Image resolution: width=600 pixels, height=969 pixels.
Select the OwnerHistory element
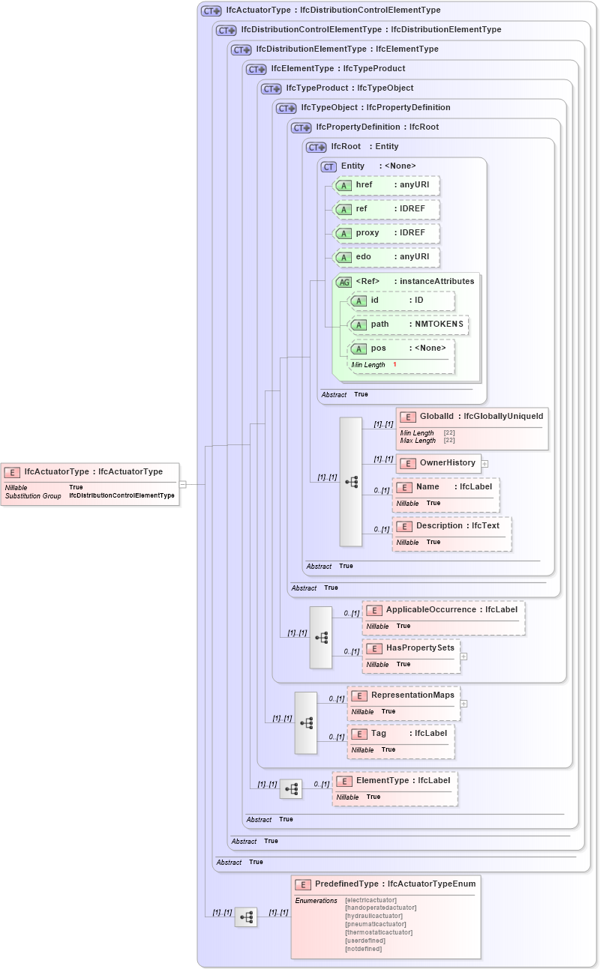439,463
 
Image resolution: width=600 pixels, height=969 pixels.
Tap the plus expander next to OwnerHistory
484,464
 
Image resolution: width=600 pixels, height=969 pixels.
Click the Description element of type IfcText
451,526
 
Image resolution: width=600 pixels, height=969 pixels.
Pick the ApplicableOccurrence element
443,610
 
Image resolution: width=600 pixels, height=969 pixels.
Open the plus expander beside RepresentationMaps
463,704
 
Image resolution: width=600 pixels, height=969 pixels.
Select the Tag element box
400,733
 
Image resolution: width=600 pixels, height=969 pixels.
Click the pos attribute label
379,348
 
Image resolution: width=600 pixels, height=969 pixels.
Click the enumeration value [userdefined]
365,941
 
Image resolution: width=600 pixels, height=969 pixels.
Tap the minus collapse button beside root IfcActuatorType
182,484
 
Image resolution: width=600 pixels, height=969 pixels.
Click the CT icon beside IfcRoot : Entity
316,147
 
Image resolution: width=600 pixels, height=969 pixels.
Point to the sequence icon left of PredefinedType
246,917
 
